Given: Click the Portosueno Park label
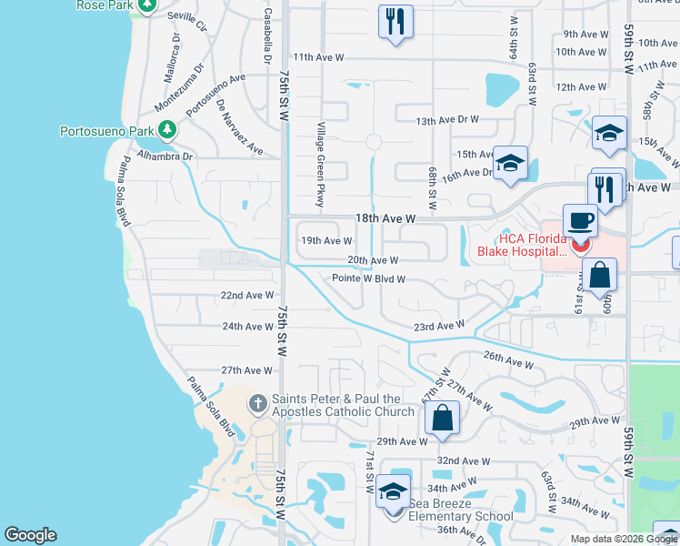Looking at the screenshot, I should tap(106, 131).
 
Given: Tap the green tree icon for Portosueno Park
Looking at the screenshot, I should tap(167, 132).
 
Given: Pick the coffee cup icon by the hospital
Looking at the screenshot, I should tap(580, 220).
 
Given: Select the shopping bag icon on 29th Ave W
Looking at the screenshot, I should tap(442, 419).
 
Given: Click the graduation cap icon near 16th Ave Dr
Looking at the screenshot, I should tap(511, 163).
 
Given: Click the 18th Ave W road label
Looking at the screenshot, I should tap(385, 219).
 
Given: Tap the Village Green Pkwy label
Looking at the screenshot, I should tap(320, 164).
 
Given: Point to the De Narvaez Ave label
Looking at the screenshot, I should tap(240, 127).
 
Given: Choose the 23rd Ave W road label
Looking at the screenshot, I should tap(440, 325).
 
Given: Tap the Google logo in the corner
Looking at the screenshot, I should tap(30, 535).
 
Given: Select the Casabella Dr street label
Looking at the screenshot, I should tap(267, 36).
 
